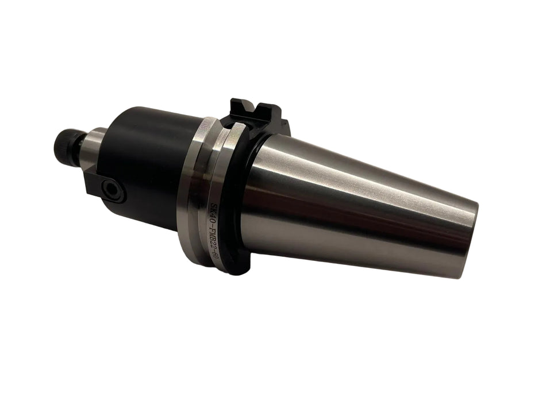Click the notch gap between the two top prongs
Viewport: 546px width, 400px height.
coord(253,111)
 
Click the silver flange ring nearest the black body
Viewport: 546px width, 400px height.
coord(193,190)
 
